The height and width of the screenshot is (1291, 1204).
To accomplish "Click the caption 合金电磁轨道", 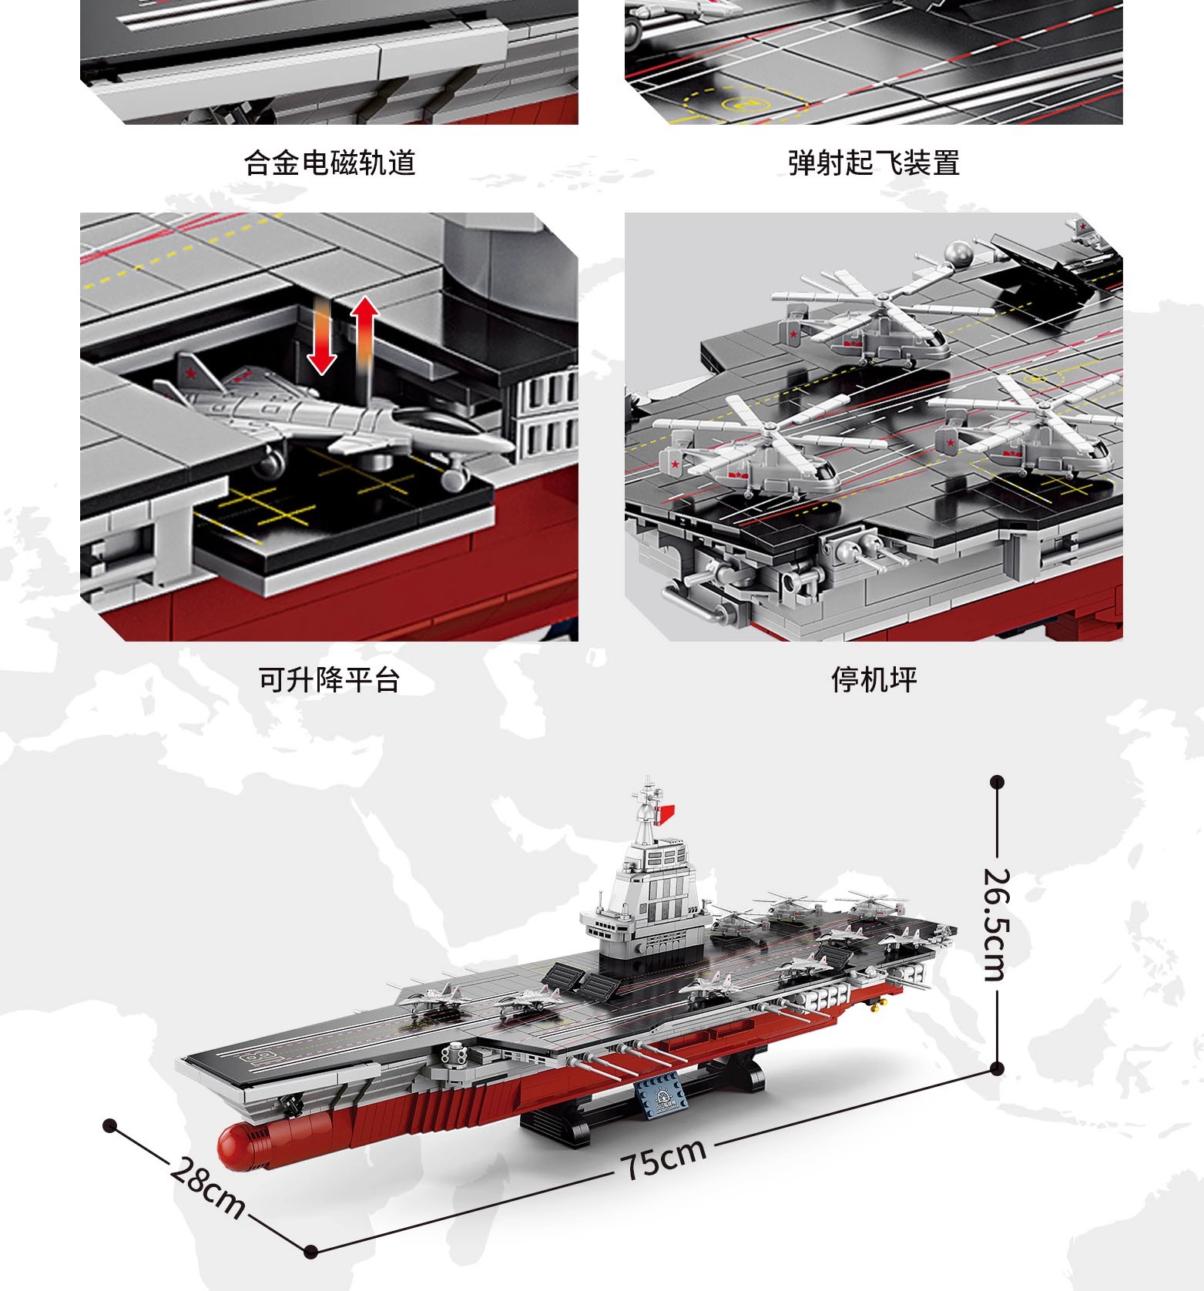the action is pyautogui.click(x=330, y=163).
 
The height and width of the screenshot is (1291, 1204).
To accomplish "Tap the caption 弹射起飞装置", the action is pyautogui.click(x=874, y=163).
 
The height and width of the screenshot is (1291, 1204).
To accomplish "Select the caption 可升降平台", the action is pyautogui.click(x=330, y=680).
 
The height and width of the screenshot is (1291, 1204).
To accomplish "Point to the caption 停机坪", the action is pyautogui.click(x=874, y=680).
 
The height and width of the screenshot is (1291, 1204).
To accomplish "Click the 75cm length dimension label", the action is pyautogui.click(x=664, y=1158).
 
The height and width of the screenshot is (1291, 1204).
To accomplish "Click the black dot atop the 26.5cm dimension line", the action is pyautogui.click(x=998, y=783).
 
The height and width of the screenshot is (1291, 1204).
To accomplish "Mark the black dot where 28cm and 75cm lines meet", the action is pyautogui.click(x=310, y=1252).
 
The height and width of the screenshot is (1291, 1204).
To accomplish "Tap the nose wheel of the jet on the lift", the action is pyautogui.click(x=454, y=478).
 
